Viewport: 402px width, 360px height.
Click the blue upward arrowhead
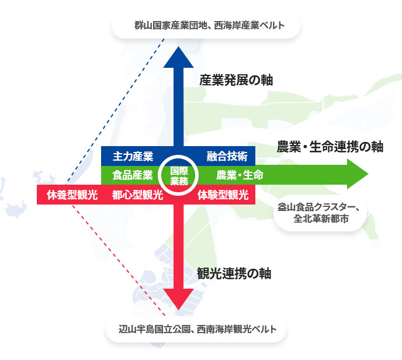178,58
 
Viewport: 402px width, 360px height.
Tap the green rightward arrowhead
358,174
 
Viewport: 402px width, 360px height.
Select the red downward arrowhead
178,299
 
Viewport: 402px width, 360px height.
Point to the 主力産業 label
133,156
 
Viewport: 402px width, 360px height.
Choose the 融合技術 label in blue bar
227,156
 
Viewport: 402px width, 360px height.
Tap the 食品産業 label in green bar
133,175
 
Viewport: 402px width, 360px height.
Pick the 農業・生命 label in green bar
240,175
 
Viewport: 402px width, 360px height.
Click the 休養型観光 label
72,195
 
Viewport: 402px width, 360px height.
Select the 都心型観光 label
138,195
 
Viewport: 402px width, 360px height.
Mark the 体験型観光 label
223,195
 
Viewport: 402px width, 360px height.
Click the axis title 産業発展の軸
236,80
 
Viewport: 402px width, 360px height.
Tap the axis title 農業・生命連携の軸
330,147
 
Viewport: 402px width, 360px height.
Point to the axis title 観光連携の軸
234,274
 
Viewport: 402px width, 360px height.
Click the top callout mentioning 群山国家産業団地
206,26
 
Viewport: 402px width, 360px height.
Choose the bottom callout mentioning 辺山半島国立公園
196,329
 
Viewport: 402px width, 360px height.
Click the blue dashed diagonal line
115,112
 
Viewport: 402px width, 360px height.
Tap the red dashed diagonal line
119,259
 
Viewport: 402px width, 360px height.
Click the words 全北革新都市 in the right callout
321,219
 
